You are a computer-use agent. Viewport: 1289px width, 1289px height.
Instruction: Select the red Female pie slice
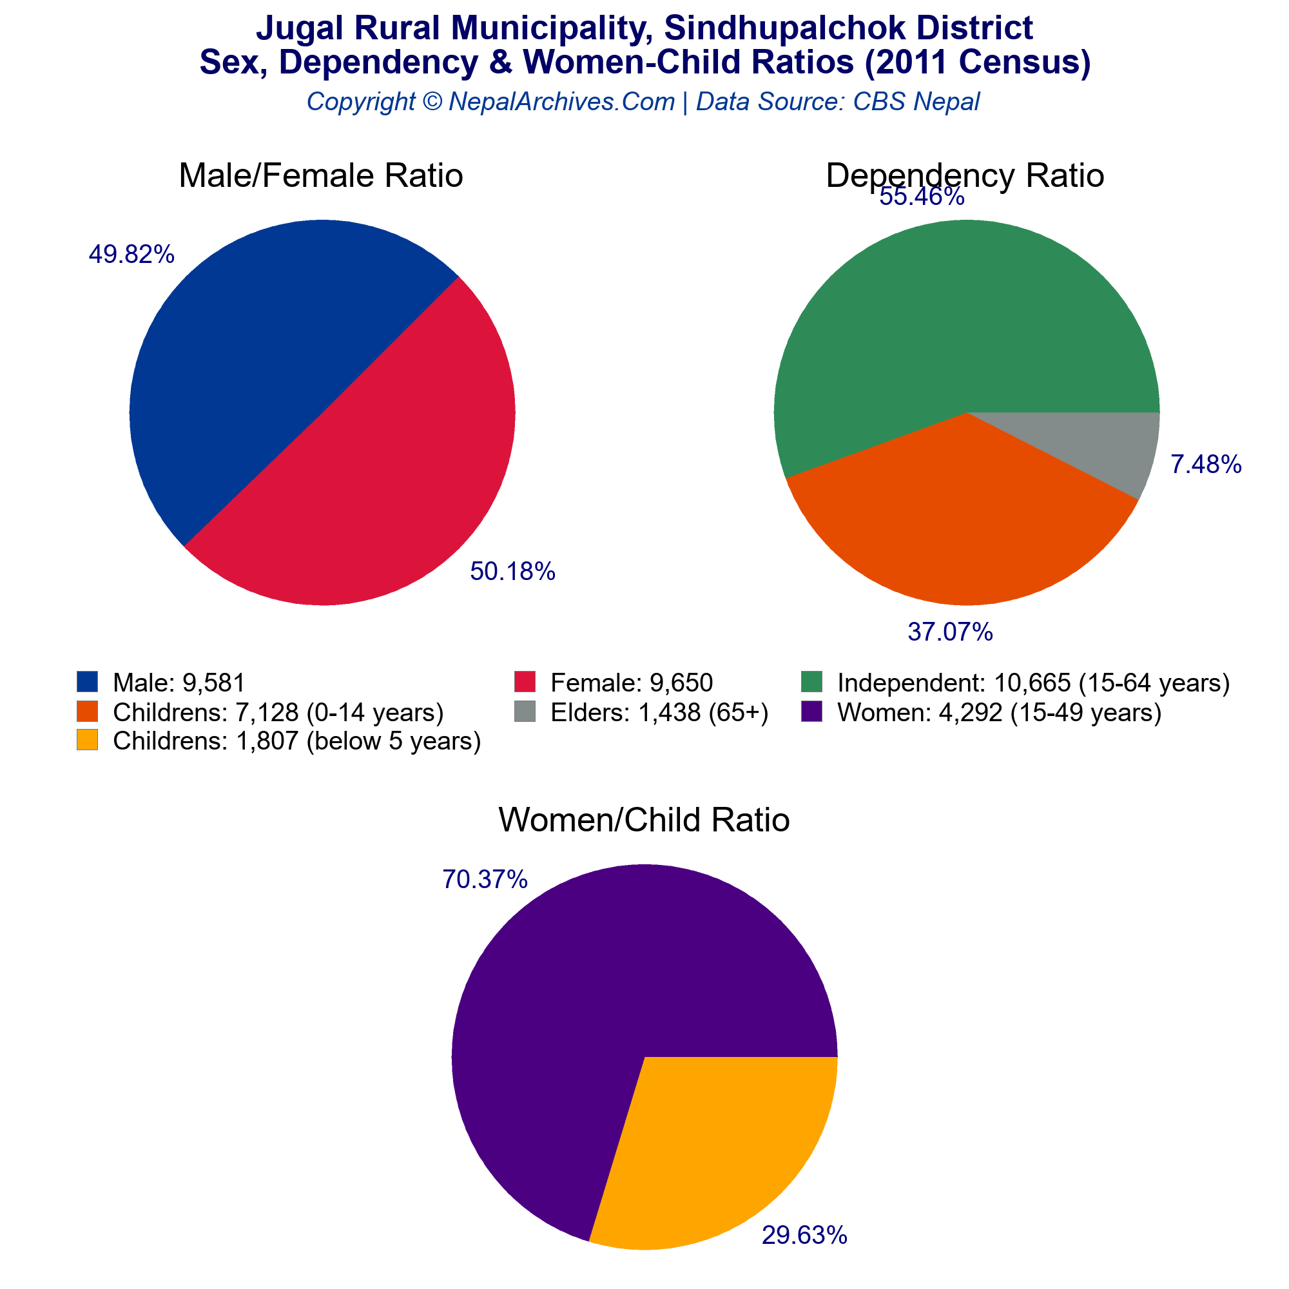tap(394, 467)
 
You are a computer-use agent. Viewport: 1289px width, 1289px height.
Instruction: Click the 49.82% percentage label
tap(131, 254)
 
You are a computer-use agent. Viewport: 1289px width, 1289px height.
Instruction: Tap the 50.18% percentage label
tap(512, 572)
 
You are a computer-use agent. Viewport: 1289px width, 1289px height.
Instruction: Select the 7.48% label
tap(1207, 465)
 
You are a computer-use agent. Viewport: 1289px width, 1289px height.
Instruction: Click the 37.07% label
tap(950, 632)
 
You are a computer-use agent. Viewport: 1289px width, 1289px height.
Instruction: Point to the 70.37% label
tap(485, 879)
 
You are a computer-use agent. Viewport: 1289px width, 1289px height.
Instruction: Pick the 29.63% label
tap(804, 1236)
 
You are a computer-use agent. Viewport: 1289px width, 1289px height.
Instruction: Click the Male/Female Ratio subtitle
tap(321, 176)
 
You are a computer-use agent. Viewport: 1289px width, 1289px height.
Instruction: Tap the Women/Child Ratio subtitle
tap(644, 820)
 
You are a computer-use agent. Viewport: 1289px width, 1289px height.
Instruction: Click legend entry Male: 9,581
tap(179, 683)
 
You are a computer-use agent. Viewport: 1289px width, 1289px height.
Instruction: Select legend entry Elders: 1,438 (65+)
tap(659, 713)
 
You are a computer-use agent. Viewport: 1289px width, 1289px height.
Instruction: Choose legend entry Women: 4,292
tap(1000, 713)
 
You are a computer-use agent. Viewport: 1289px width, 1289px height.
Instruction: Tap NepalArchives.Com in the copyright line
tap(562, 101)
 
